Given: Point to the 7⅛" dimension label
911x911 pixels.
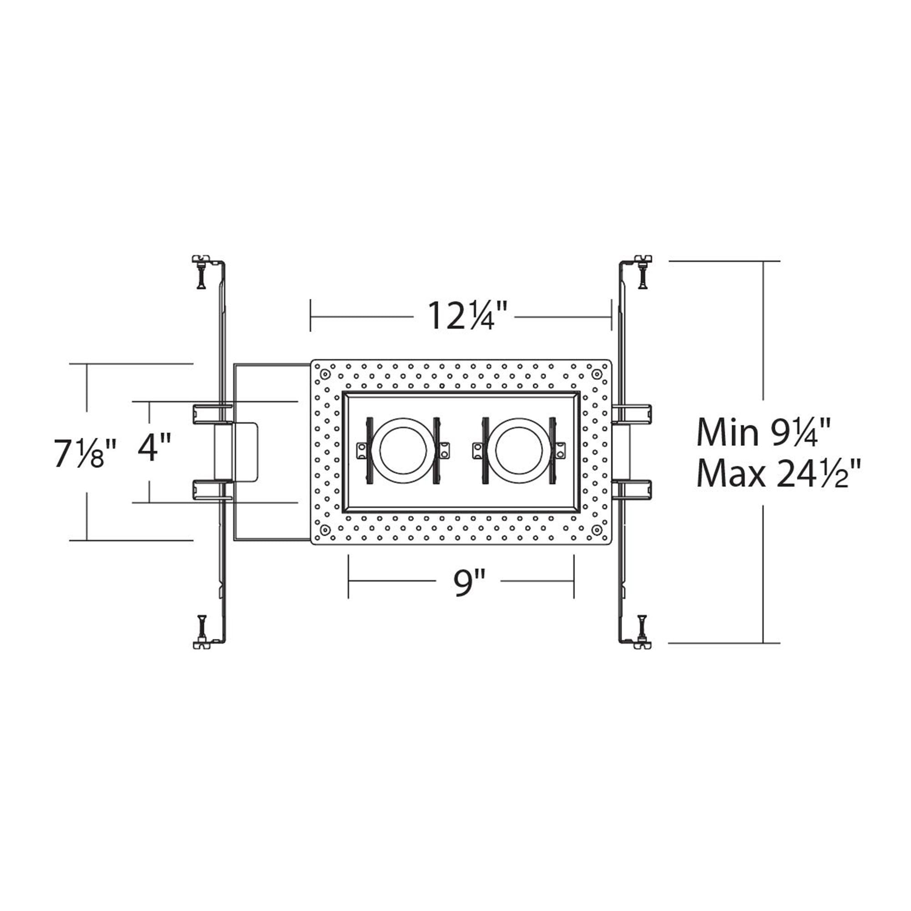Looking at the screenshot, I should pyautogui.click(x=85, y=453).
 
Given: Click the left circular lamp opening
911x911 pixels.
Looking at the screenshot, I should pyautogui.click(x=402, y=450).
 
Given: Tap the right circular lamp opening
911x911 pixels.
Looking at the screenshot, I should pyautogui.click(x=518, y=450).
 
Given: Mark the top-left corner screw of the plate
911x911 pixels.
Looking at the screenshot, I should pyautogui.click(x=325, y=374).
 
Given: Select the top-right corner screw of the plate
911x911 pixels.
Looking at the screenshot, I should pyautogui.click(x=597, y=375).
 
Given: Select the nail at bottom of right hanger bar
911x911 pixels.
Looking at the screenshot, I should pyautogui.click(x=642, y=626).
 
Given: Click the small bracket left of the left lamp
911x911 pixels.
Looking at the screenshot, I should pyautogui.click(x=363, y=450).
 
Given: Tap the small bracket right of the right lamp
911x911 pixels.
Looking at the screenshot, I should pyautogui.click(x=560, y=450).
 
